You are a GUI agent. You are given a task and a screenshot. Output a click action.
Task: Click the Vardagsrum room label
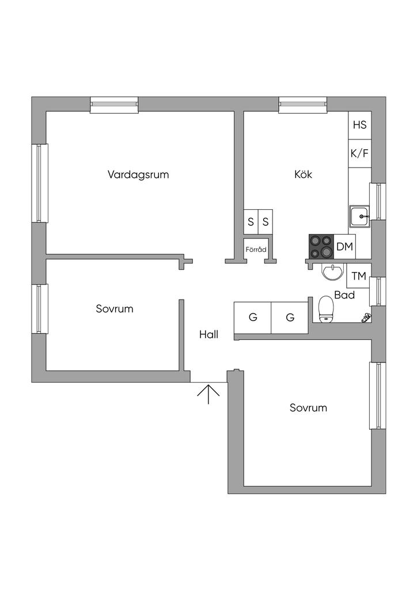tap(138, 175)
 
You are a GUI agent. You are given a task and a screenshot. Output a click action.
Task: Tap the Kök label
tap(303, 175)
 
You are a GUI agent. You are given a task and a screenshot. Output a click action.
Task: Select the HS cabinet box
tap(359, 125)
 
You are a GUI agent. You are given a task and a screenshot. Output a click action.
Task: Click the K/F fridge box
tap(359, 154)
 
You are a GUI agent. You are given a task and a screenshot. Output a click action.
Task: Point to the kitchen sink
tap(361, 216)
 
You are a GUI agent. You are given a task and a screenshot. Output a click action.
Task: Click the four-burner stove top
tap(321, 247)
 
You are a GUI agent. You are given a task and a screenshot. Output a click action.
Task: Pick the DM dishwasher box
tap(344, 247)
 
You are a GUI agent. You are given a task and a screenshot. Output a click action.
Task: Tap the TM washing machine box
tap(358, 277)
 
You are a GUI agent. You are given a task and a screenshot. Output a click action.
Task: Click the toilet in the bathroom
tap(326, 308)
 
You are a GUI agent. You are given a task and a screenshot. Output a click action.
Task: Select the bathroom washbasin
tap(332, 271)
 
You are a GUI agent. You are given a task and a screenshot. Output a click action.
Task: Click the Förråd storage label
tap(256, 250)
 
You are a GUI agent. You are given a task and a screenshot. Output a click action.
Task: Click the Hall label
tap(208, 334)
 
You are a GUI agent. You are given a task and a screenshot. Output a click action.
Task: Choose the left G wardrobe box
tap(252, 317)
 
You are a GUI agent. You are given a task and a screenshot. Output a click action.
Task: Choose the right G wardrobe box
tap(290, 317)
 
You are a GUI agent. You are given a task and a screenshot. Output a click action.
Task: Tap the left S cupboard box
tap(251, 221)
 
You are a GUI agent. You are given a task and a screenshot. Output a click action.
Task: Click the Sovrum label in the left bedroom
tap(114, 309)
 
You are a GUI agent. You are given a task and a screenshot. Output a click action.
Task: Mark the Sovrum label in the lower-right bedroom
tap(308, 408)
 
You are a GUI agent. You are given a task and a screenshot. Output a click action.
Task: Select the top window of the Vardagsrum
tap(115, 104)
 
